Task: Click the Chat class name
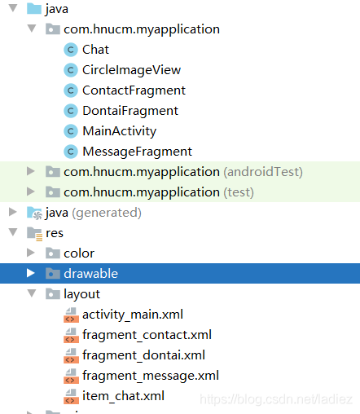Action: tap(95, 50)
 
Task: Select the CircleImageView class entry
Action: tap(131, 70)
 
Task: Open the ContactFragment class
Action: tap(134, 90)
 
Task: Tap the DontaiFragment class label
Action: tap(130, 111)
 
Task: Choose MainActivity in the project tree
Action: tap(120, 131)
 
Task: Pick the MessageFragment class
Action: tap(137, 152)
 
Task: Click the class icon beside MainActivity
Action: tap(71, 131)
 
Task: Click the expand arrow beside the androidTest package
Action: tap(31, 171)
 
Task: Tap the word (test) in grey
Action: tap(239, 192)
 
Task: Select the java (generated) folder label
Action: tap(94, 213)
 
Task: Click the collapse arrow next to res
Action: tap(13, 232)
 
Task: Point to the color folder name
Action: tap(79, 253)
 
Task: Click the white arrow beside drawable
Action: tap(31, 273)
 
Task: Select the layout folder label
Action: tap(81, 294)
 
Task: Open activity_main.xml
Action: tap(133, 315)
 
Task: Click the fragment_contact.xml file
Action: tap(147, 335)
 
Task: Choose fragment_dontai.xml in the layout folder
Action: tap(143, 355)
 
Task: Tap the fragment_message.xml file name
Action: tap(151, 376)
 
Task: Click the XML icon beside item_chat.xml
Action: tap(71, 396)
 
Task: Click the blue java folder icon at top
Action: tap(34, 8)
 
